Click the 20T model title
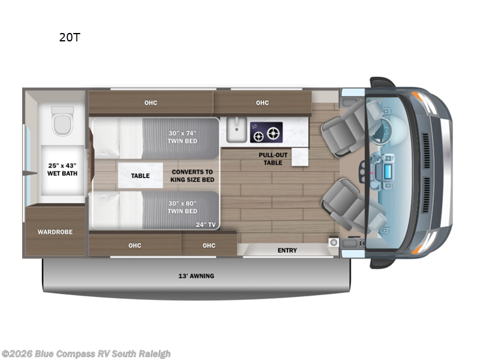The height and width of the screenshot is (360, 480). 70,37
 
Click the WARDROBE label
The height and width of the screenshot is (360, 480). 55,232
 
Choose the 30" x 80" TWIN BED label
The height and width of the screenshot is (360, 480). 182,207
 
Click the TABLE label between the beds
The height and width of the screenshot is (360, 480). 140,176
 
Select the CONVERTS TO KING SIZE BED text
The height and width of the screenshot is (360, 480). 192,175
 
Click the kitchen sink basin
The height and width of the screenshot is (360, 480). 235,130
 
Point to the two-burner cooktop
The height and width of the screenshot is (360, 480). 266,133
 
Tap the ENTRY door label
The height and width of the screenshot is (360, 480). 287,250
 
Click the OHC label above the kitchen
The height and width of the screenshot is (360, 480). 262,103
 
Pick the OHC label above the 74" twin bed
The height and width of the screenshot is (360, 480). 151,103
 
